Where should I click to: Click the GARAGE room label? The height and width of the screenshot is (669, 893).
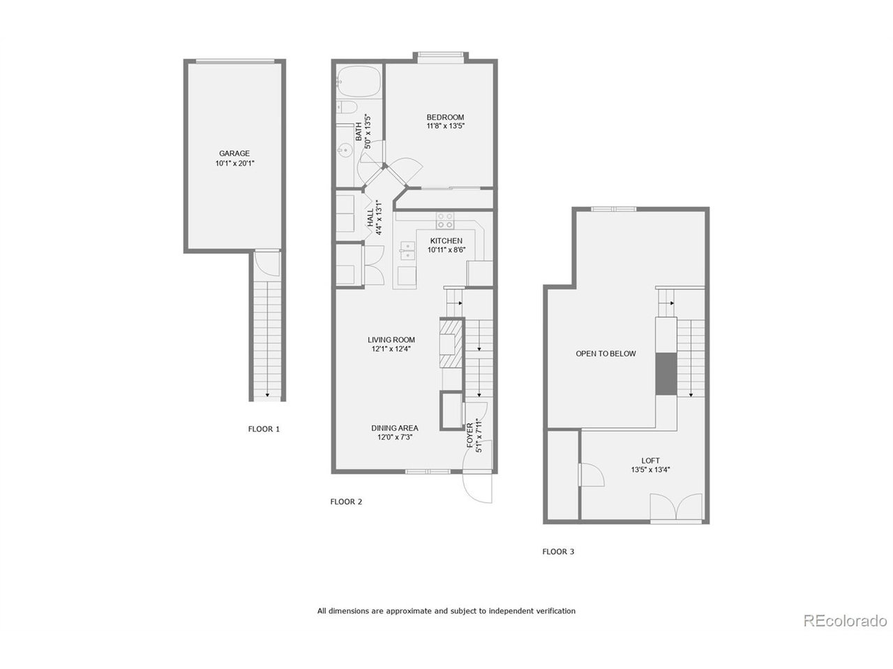(234, 153)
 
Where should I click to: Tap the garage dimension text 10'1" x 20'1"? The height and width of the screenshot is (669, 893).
(234, 164)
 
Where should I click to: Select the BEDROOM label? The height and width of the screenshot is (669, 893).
(445, 117)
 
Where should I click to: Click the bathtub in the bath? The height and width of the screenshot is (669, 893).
(359, 81)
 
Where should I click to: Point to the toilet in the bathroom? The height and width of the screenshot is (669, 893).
(347, 107)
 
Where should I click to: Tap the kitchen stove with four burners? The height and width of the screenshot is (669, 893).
(445, 221)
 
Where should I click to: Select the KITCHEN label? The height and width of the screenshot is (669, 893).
(446, 240)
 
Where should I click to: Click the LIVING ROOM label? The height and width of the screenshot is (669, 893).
(391, 340)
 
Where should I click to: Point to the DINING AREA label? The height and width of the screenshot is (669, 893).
(394, 428)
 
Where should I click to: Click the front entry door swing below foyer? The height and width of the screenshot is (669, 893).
(477, 488)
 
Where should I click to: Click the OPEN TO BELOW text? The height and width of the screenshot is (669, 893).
(606, 353)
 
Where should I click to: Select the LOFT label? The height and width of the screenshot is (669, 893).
(650, 461)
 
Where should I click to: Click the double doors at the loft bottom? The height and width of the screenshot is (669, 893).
(675, 507)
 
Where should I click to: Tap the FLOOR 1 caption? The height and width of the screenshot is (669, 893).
(264, 429)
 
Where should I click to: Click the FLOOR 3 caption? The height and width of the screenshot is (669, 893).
(558, 551)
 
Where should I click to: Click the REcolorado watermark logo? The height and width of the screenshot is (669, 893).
(844, 620)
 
